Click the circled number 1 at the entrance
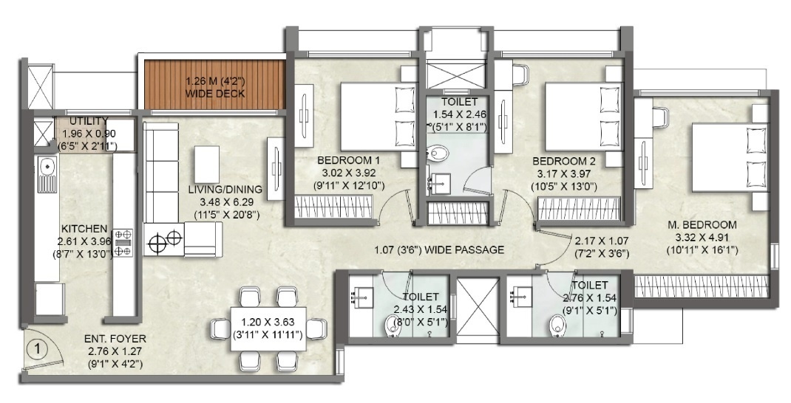coord(41,348)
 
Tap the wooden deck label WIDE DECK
coord(215,94)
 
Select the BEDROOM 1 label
coord(348,161)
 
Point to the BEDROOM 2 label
coord(564,162)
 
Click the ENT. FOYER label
coord(115,339)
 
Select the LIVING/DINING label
coord(225,190)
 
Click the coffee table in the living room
coord(207,164)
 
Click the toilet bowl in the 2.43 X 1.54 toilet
coord(392,325)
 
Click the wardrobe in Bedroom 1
coord(334,207)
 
